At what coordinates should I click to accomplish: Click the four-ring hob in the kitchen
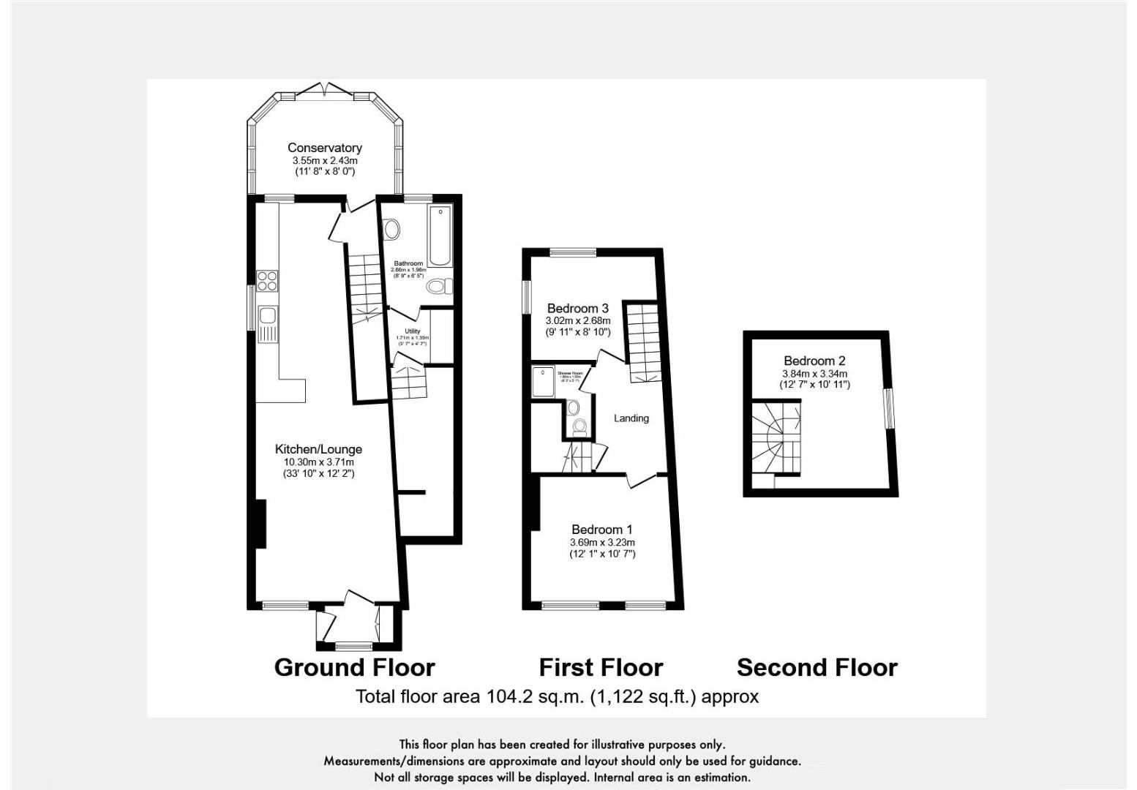(x=267, y=282)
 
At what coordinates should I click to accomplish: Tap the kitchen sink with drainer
(x=268, y=324)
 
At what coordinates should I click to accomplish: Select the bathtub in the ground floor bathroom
(x=440, y=236)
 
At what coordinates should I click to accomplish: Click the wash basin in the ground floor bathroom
(x=392, y=230)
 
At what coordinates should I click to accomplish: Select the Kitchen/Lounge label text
(x=318, y=449)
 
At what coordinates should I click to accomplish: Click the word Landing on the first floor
(x=631, y=418)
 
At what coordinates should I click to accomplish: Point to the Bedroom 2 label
(x=814, y=361)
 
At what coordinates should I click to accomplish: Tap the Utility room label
(x=412, y=331)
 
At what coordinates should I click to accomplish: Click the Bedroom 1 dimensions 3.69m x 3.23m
(x=602, y=543)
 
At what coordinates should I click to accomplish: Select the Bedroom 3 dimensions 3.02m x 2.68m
(x=578, y=320)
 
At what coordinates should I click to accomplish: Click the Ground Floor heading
(x=354, y=667)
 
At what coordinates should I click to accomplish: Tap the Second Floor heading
(x=817, y=667)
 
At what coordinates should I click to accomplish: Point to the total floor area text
(x=557, y=696)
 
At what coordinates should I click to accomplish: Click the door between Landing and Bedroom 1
(x=642, y=479)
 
